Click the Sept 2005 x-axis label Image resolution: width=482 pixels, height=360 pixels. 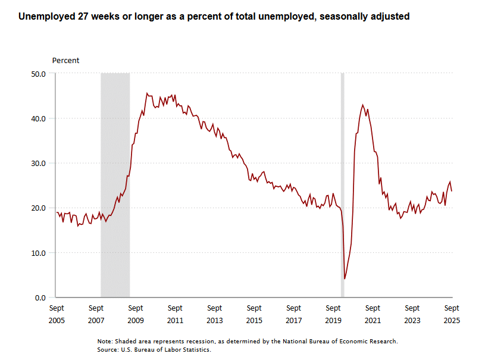(57, 314)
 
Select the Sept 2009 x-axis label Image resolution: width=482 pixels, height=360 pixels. (136, 314)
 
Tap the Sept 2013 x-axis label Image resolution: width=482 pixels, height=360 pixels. (215, 314)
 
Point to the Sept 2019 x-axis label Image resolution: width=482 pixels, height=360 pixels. (333, 314)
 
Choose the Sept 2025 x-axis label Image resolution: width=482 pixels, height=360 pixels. (452, 314)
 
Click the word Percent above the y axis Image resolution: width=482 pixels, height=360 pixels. (65, 60)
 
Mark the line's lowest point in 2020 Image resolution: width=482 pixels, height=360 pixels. (345, 278)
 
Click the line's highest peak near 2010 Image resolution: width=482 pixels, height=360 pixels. (147, 93)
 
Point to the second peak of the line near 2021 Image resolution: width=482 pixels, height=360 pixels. (363, 105)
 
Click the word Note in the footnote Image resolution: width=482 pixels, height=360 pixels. (105, 342)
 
